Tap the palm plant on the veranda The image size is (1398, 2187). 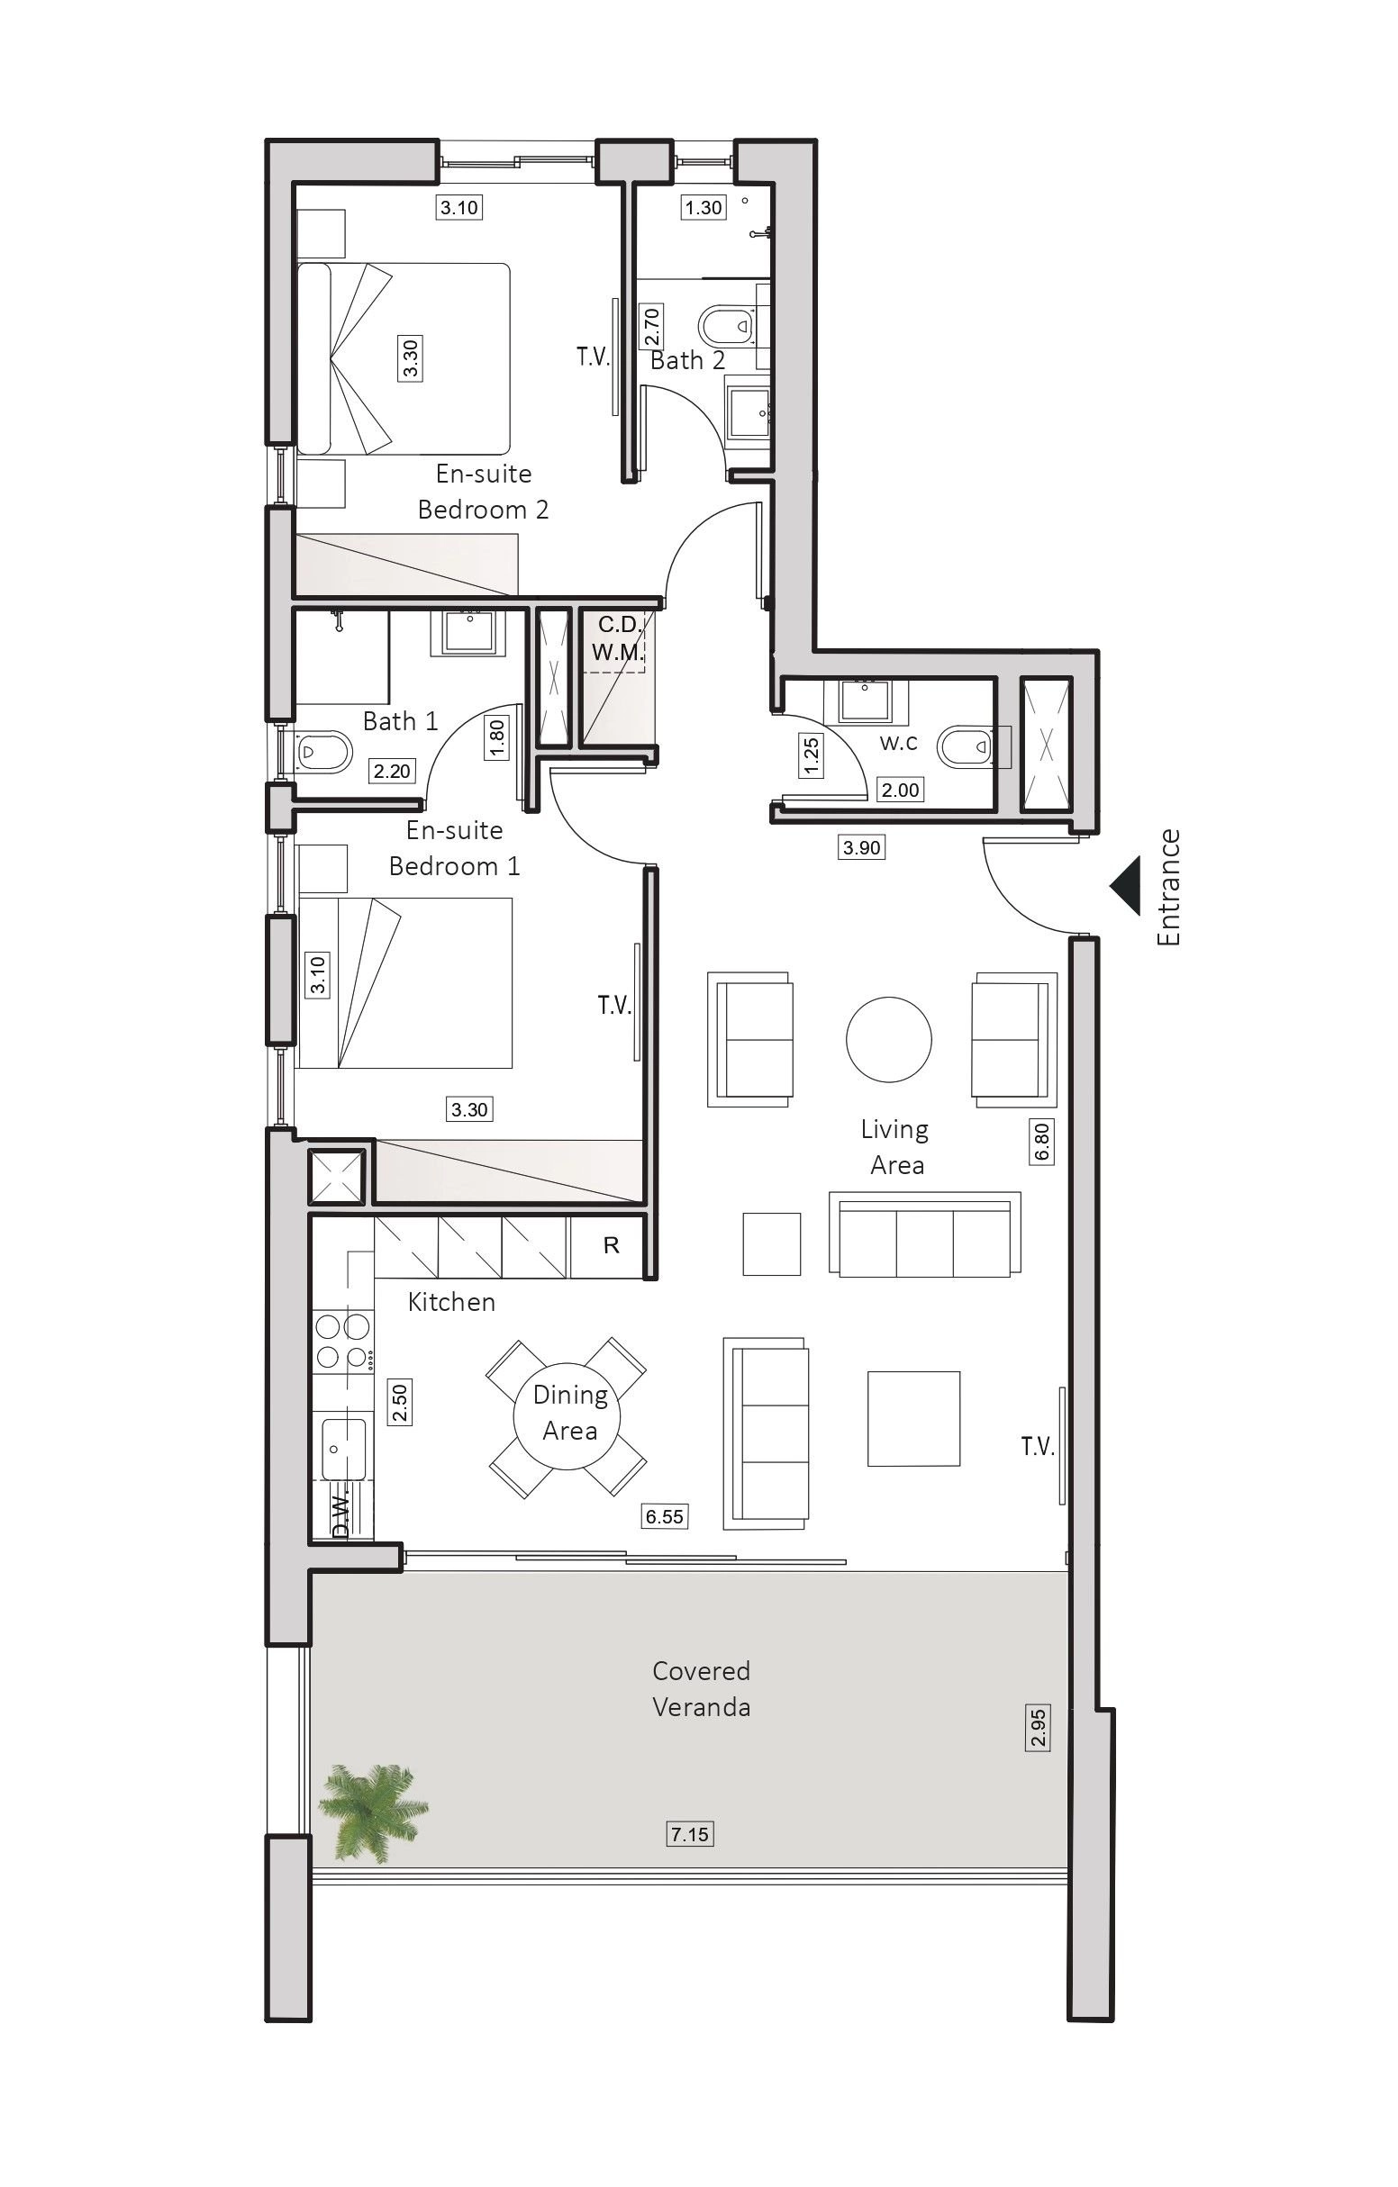click(372, 1812)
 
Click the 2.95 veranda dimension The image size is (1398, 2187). click(1039, 1729)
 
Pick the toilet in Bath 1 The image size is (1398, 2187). click(323, 752)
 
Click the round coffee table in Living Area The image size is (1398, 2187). click(888, 1039)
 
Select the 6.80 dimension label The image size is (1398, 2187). click(1042, 1141)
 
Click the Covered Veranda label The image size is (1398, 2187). click(702, 1688)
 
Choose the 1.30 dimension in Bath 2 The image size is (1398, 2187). click(704, 208)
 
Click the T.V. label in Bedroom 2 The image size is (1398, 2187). click(594, 357)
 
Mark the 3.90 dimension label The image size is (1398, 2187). click(861, 847)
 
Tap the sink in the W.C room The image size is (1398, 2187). click(866, 700)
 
